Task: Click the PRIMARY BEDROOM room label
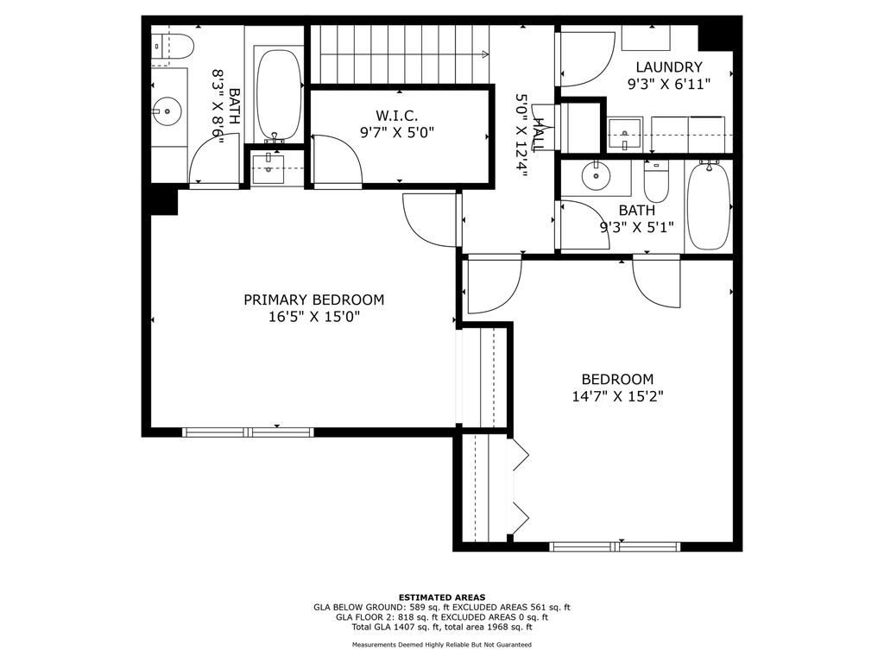tap(313, 300)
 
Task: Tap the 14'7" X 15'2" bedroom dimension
tap(617, 396)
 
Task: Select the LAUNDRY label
tap(669, 67)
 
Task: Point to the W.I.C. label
tap(397, 117)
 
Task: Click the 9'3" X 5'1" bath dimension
tap(636, 227)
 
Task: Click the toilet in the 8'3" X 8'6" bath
tap(173, 46)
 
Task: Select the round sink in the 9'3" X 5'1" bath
tap(596, 175)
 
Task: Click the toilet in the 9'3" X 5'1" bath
tap(656, 181)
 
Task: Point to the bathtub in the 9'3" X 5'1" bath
tap(709, 205)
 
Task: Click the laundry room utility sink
tap(625, 136)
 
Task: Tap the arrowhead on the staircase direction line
tap(485, 54)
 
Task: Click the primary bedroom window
tap(248, 433)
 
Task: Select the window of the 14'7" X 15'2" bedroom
tap(615, 546)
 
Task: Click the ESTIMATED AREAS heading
tap(442, 597)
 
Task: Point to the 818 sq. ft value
tap(407, 617)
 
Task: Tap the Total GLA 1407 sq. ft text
tap(396, 627)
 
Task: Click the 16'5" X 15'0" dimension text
tap(314, 317)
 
